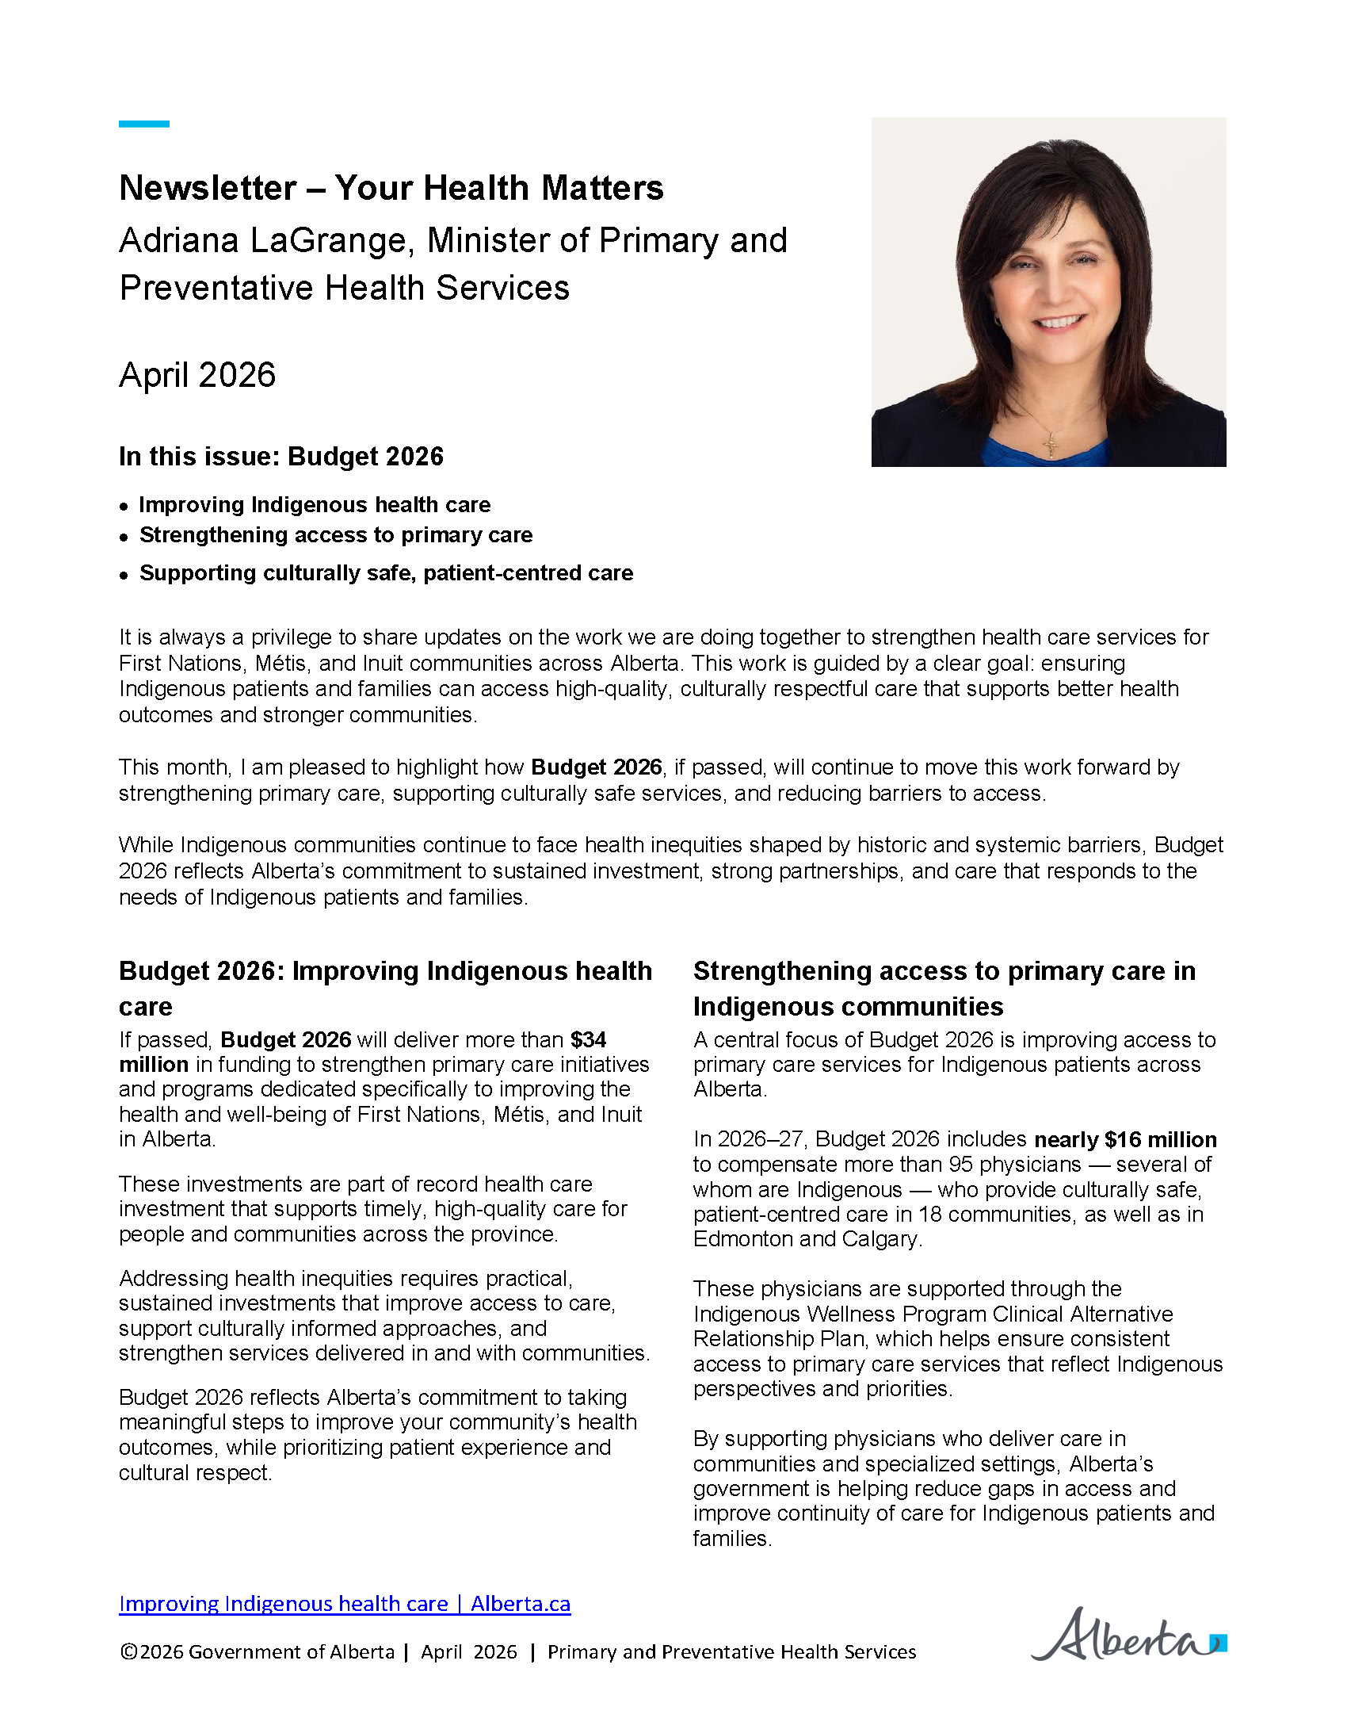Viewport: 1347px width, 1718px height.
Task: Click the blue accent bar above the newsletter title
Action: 144,124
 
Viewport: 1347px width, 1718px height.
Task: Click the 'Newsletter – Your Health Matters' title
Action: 391,188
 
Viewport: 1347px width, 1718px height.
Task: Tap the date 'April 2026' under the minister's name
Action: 197,375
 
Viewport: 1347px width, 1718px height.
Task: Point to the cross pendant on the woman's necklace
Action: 1051,443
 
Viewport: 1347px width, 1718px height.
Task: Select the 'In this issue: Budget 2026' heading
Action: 280,457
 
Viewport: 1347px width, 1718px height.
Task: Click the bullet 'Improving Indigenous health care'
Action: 315,505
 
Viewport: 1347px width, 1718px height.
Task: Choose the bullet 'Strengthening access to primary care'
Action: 336,535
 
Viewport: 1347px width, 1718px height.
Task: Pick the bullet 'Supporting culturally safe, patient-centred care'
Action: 386,573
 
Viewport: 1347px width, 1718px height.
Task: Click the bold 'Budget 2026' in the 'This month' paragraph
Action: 596,767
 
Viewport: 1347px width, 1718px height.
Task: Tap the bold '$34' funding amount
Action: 589,1039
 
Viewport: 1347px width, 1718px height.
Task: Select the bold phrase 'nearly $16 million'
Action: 1125,1139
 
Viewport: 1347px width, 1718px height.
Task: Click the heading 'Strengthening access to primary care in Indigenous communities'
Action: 944,988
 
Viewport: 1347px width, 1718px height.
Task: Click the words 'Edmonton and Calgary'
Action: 807,1238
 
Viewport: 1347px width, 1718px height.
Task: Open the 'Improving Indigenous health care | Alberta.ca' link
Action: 345,1604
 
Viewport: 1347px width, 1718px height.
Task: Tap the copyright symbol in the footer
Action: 129,1652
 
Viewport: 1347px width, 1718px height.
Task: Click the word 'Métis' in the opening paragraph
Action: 281,663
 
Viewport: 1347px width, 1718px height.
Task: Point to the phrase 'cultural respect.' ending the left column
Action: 195,1472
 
